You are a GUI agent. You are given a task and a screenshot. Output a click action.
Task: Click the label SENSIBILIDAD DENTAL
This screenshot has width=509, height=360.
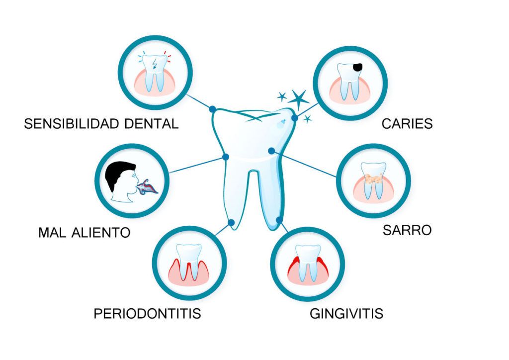101,124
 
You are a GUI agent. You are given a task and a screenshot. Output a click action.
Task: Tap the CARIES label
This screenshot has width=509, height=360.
407,124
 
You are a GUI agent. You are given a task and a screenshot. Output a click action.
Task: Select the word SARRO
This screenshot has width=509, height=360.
407,230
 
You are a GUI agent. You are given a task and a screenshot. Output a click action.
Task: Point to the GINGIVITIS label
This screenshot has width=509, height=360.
346,314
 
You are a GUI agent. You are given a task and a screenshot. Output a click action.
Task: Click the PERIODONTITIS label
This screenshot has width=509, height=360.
147,314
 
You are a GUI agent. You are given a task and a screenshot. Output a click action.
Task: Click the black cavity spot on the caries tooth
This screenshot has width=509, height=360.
357,67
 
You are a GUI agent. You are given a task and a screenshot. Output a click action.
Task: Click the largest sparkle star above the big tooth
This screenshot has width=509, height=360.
298,99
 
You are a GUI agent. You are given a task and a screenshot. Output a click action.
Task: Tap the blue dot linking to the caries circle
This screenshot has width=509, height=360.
294,118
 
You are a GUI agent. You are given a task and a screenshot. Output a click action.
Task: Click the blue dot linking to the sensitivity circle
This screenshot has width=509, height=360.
212,109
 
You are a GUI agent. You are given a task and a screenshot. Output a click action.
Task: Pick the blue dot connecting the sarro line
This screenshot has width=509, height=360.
272,151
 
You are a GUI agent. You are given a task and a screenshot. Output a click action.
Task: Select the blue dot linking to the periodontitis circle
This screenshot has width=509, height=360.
231,222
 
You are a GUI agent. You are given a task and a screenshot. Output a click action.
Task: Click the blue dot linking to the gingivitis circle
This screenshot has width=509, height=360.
279,220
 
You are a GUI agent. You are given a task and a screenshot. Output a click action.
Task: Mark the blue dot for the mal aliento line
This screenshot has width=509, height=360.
226,157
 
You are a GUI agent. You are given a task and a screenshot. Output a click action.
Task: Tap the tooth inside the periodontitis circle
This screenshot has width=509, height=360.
189,262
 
